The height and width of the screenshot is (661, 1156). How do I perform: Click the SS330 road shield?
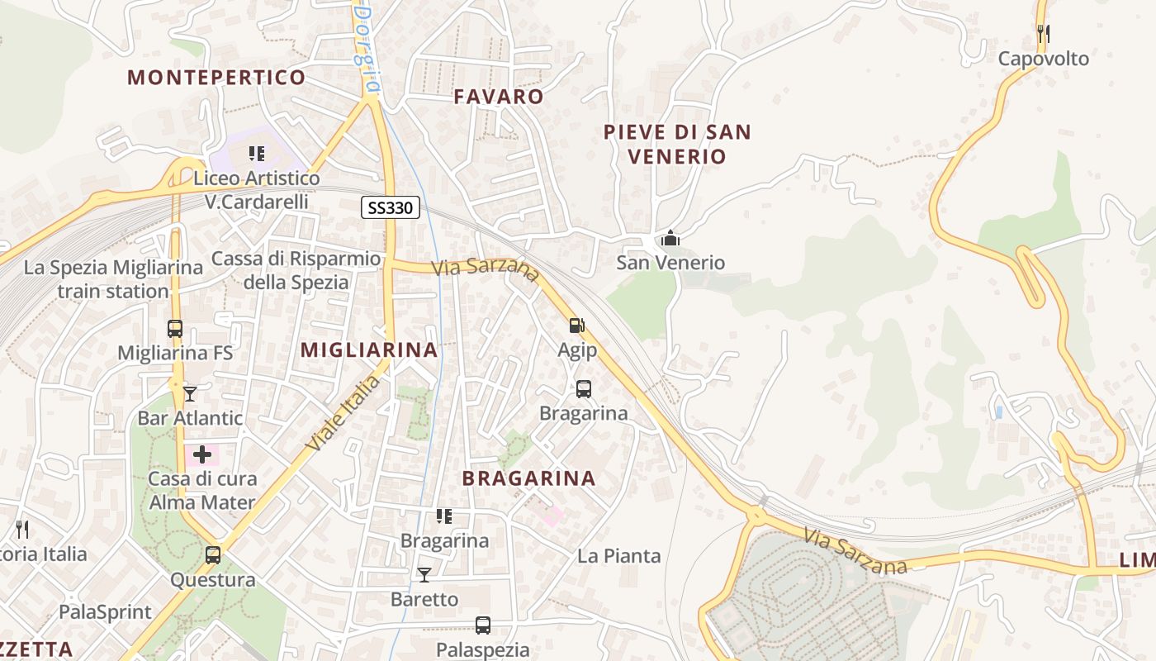(x=391, y=207)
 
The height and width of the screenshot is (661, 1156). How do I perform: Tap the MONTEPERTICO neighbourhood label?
(x=216, y=78)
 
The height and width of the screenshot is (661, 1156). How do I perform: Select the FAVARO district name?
(x=499, y=97)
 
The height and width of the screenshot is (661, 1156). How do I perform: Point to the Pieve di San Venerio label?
(x=676, y=144)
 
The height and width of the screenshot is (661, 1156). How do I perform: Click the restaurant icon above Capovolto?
(x=1044, y=34)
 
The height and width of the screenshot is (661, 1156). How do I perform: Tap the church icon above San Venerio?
(x=670, y=240)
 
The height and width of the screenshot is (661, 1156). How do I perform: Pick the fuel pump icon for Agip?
(x=577, y=326)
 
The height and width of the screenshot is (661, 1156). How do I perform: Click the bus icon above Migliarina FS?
(x=175, y=328)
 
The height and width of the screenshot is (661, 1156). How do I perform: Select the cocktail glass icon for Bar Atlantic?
(x=190, y=393)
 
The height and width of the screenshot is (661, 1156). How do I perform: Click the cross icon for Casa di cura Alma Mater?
(x=202, y=454)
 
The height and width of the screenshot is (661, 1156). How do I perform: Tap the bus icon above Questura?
(x=213, y=555)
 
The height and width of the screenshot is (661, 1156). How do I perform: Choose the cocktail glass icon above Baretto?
(x=424, y=574)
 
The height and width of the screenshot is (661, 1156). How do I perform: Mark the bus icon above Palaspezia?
(x=483, y=625)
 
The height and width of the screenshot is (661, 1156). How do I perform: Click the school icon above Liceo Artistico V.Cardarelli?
(x=257, y=154)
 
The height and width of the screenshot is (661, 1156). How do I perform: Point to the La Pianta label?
(x=619, y=556)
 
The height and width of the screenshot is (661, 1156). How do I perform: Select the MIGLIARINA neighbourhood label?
(x=369, y=350)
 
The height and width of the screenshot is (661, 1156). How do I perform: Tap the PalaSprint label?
(x=106, y=612)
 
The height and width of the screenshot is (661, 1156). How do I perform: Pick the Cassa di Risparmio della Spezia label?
(x=296, y=270)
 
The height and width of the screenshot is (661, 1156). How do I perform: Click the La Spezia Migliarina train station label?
(x=113, y=279)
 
